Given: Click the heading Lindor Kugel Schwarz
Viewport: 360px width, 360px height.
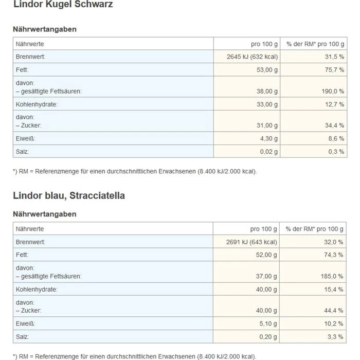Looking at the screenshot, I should pos(63,5).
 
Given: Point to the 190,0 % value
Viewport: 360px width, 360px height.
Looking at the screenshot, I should pos(331,91).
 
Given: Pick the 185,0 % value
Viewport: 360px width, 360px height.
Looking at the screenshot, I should pos(331,276).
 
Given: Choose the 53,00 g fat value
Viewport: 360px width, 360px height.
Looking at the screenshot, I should pos(265,69).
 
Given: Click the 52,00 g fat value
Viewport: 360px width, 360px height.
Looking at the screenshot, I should pos(265,255).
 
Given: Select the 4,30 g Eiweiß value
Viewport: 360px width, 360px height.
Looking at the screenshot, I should pos(267,138).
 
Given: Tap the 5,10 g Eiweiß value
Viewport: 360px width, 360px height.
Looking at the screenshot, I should pos(267,323).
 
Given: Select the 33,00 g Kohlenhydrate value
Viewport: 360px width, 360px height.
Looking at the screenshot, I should pos(265,104).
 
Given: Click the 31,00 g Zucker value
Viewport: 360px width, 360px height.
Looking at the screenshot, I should pos(265,125).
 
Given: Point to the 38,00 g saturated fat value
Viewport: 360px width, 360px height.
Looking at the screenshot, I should pos(265,91).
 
